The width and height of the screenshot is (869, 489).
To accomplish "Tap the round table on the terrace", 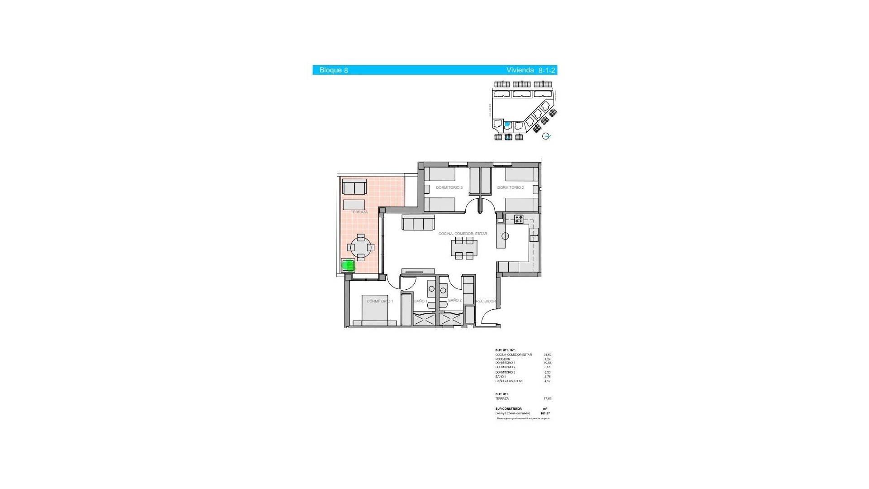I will (361, 247).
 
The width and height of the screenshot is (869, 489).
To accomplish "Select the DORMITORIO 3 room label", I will (449, 187).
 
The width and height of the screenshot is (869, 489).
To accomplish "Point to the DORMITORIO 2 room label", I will (510, 187).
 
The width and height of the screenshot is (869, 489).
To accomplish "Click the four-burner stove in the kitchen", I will (519, 219).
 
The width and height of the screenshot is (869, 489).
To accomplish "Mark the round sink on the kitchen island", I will (505, 236).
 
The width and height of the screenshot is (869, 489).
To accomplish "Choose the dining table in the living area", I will (464, 248).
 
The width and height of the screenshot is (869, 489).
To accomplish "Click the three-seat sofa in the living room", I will (418, 223).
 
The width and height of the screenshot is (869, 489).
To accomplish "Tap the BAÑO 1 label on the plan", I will (420, 301).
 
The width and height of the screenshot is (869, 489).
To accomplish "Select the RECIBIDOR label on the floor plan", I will (486, 301).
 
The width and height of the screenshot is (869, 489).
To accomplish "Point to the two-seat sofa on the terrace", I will (354, 187).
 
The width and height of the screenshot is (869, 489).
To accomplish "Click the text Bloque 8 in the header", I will (334, 70).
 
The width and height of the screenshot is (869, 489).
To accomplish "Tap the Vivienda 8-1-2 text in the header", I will (530, 70).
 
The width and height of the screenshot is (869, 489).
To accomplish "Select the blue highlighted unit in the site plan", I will (507, 124).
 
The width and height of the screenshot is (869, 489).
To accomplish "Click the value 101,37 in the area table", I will (545, 413).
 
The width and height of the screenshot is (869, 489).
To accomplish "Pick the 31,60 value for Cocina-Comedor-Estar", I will (547, 355).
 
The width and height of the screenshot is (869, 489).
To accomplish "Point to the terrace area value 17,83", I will (547, 399).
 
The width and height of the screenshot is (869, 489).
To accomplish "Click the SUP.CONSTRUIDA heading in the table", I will (508, 409).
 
